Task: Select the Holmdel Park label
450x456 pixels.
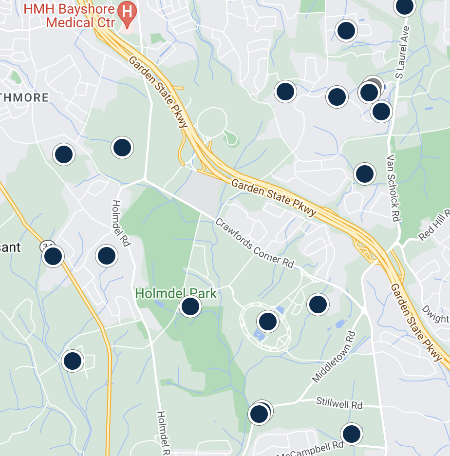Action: (175, 293)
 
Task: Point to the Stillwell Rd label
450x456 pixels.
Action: (339, 404)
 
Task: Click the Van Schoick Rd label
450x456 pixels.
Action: (394, 189)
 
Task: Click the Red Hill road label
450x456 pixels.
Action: (435, 227)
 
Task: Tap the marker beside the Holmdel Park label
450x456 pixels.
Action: (190, 306)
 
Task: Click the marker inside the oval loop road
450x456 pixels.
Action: (267, 322)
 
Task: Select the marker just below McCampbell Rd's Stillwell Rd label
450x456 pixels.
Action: (351, 434)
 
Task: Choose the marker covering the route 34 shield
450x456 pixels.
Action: (53, 256)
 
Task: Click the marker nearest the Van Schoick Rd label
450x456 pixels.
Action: (364, 173)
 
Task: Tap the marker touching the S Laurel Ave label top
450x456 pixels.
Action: (404, 6)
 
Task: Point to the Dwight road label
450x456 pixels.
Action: (435, 314)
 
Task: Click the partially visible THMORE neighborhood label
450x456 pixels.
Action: (24, 97)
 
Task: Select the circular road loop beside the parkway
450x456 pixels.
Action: (212, 121)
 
